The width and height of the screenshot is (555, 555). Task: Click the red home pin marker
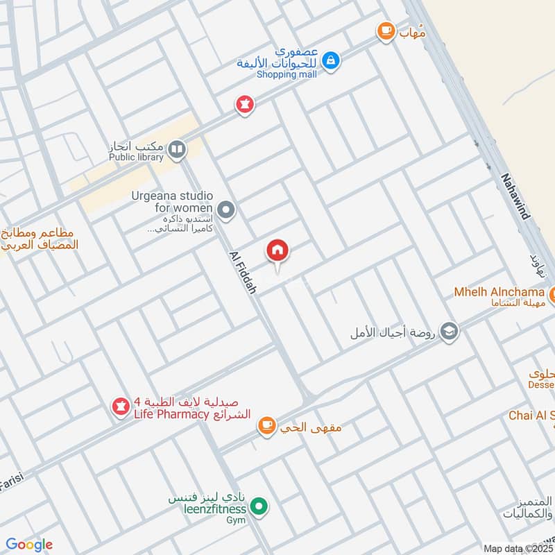tap(277, 251)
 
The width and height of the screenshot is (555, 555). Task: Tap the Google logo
tap(28, 545)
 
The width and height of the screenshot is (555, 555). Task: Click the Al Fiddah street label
tap(242, 273)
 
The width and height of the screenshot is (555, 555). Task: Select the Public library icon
tap(177, 148)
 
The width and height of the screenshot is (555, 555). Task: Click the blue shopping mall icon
tap(331, 61)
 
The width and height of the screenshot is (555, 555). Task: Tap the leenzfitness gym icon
tap(259, 508)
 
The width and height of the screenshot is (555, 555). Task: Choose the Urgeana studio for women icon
tap(225, 209)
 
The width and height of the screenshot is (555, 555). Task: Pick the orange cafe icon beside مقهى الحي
tap(266, 426)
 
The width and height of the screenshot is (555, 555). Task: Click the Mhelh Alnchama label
tap(496, 292)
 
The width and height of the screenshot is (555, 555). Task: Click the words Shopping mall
tap(287, 74)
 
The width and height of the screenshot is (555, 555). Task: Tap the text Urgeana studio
tap(171, 196)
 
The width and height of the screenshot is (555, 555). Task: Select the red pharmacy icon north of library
tap(244, 105)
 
